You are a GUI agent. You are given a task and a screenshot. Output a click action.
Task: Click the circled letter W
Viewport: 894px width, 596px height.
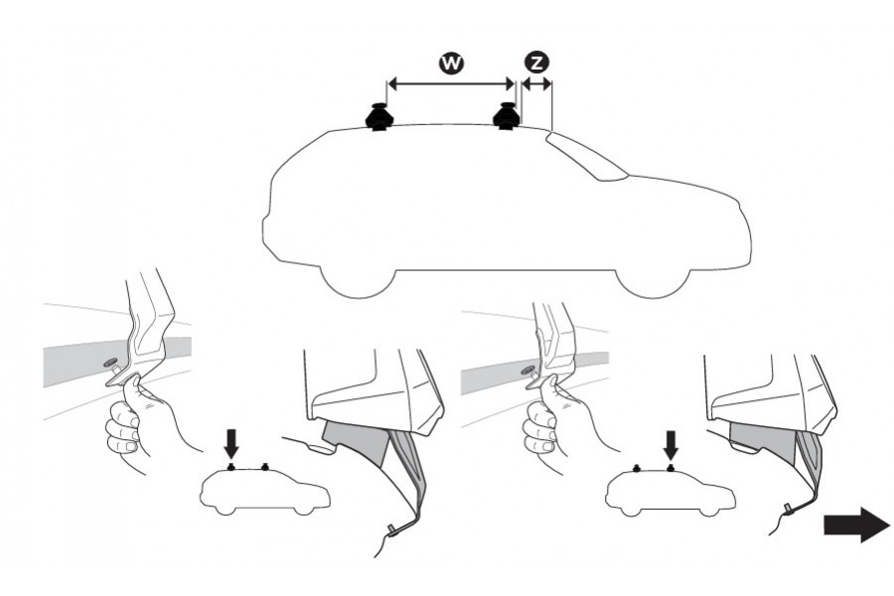(450, 63)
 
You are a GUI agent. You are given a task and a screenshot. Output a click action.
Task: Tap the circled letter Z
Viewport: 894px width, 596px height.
(535, 63)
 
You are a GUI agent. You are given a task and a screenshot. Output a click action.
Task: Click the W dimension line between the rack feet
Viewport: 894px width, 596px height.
(450, 84)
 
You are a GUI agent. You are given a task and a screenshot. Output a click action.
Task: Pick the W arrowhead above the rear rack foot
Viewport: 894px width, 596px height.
(391, 84)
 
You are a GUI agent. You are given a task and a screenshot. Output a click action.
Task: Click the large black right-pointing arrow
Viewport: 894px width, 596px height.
(855, 523)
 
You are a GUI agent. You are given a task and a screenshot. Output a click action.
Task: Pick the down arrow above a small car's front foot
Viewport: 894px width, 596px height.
(670, 441)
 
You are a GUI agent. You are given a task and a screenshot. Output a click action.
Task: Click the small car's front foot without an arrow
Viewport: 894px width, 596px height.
(266, 466)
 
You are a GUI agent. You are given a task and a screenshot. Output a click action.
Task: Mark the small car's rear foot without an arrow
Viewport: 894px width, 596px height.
(636, 466)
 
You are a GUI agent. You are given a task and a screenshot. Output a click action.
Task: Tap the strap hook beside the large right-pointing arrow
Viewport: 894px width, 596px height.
(787, 509)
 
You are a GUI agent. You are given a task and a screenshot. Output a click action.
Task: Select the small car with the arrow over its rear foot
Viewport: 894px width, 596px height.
(263, 489)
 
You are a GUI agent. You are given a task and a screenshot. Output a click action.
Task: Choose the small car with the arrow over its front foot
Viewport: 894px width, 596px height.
(666, 489)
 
